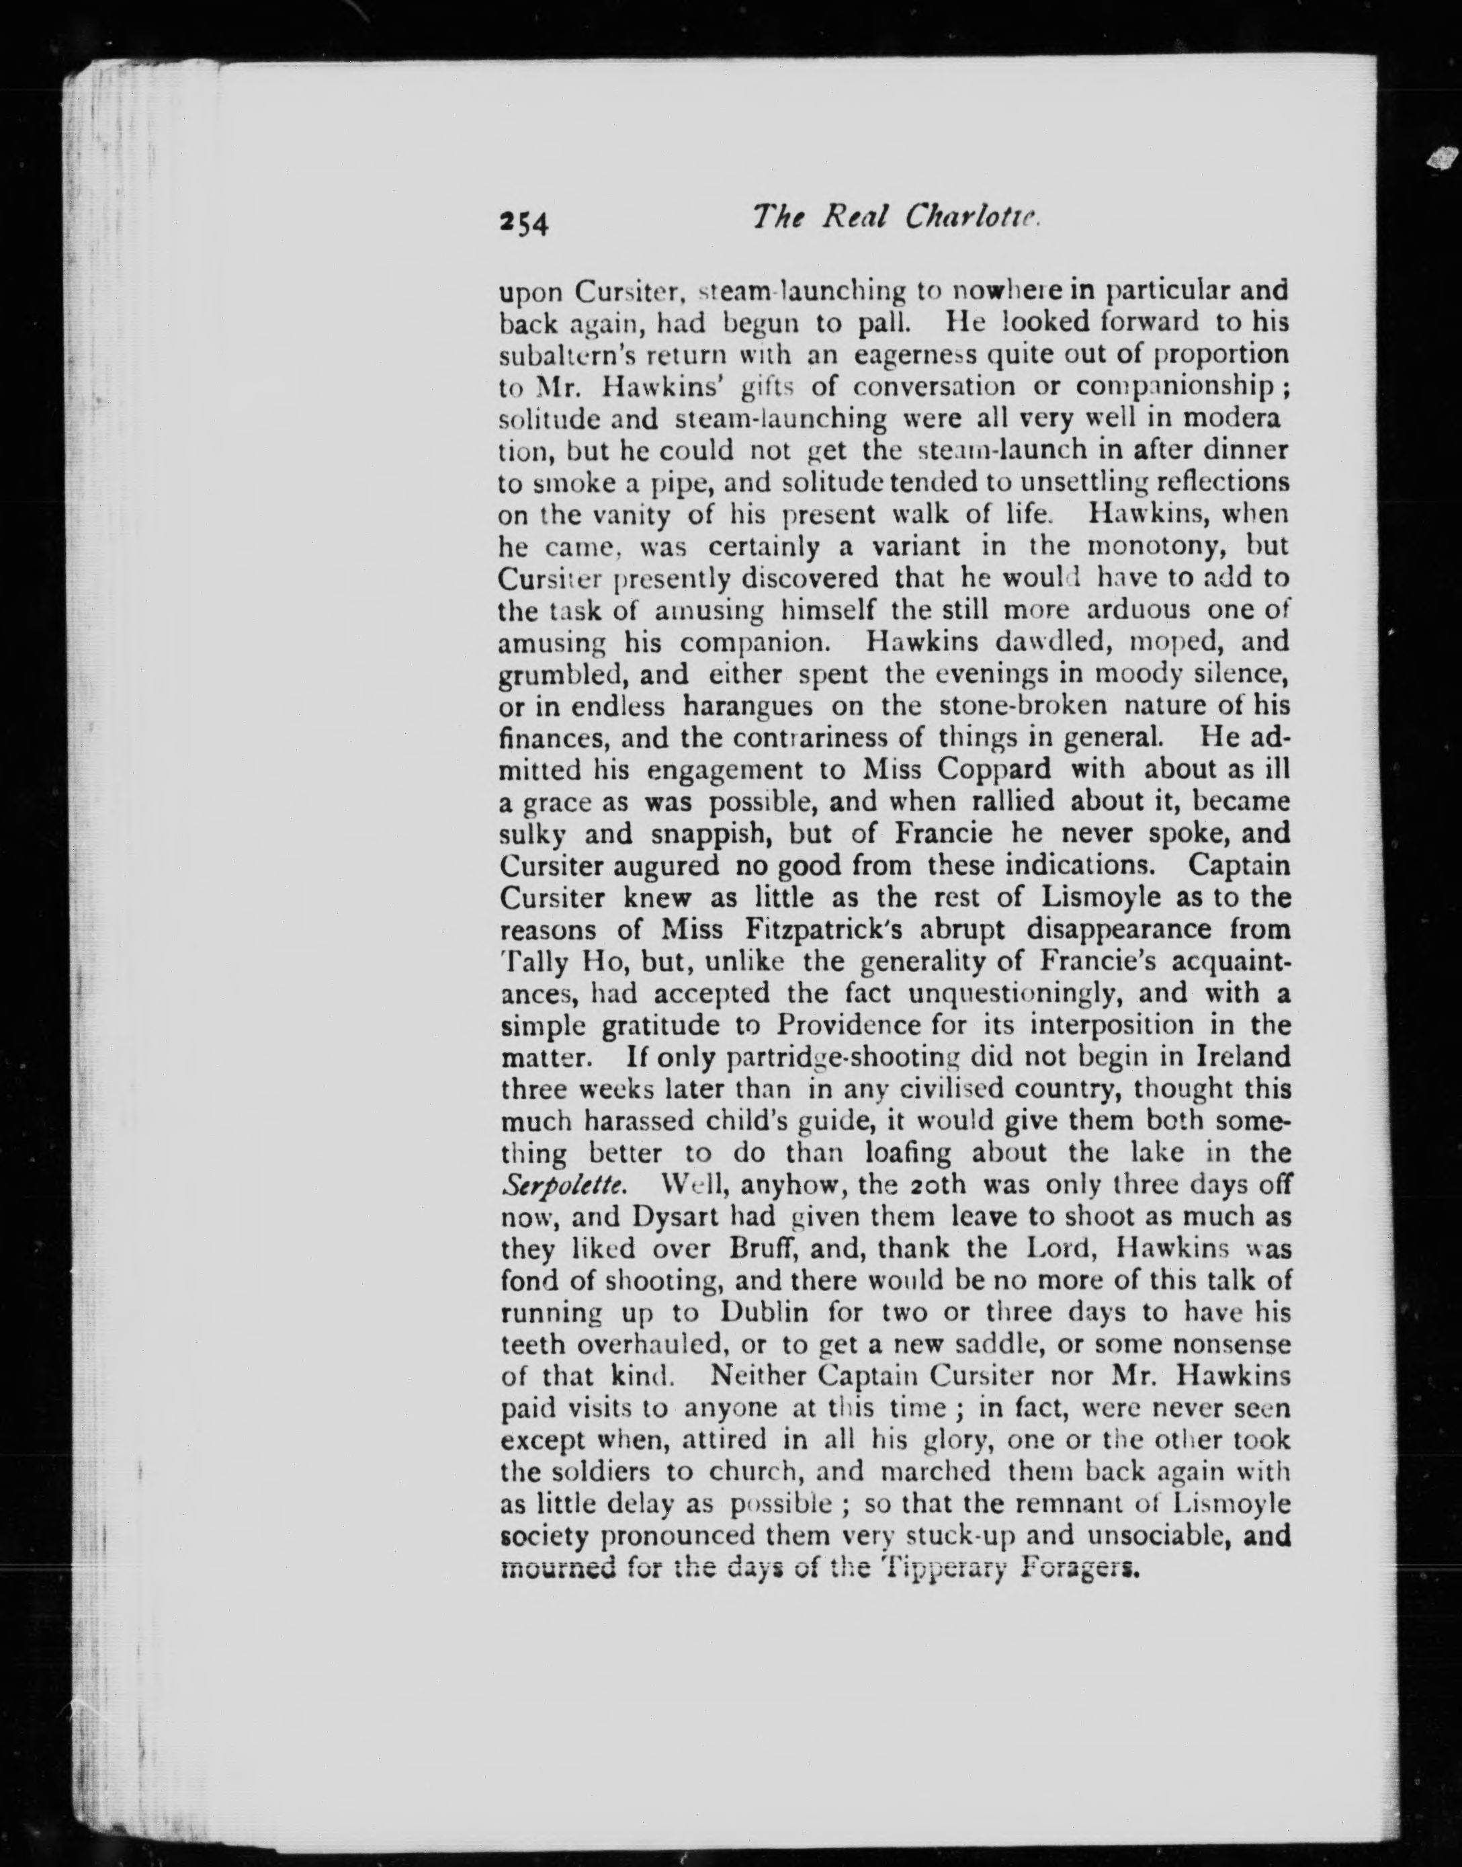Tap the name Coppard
(x=993, y=769)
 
